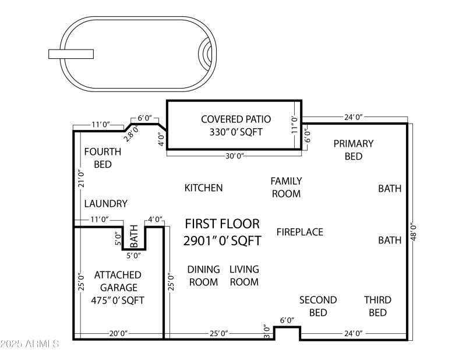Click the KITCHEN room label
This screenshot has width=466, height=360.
(203, 188)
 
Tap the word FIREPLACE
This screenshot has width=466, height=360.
(300, 232)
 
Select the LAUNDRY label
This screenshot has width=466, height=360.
(106, 204)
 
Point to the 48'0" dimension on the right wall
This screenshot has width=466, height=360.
(414, 232)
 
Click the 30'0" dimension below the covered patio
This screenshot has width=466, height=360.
(235, 156)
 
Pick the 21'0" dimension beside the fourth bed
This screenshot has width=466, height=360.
(82, 178)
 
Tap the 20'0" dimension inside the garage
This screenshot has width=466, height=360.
(119, 333)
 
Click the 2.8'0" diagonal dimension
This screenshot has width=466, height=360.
(131, 133)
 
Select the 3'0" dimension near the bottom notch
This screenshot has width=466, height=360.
(267, 331)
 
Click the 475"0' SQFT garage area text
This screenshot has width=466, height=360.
(118, 301)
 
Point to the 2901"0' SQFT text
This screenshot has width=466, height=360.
(222, 241)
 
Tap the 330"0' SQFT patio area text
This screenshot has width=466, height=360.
(236, 132)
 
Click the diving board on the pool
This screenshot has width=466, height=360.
(71, 54)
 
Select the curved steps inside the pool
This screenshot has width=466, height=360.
(206, 54)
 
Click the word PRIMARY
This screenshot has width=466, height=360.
(354, 143)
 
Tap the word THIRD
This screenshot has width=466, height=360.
(377, 300)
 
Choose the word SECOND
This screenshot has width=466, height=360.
(318, 300)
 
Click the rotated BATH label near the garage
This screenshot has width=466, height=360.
(134, 236)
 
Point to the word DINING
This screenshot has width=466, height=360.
(203, 269)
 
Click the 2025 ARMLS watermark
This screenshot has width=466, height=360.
(30, 344)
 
